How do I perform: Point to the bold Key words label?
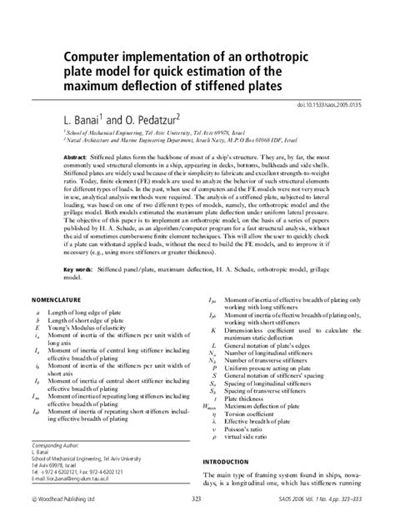79,269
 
